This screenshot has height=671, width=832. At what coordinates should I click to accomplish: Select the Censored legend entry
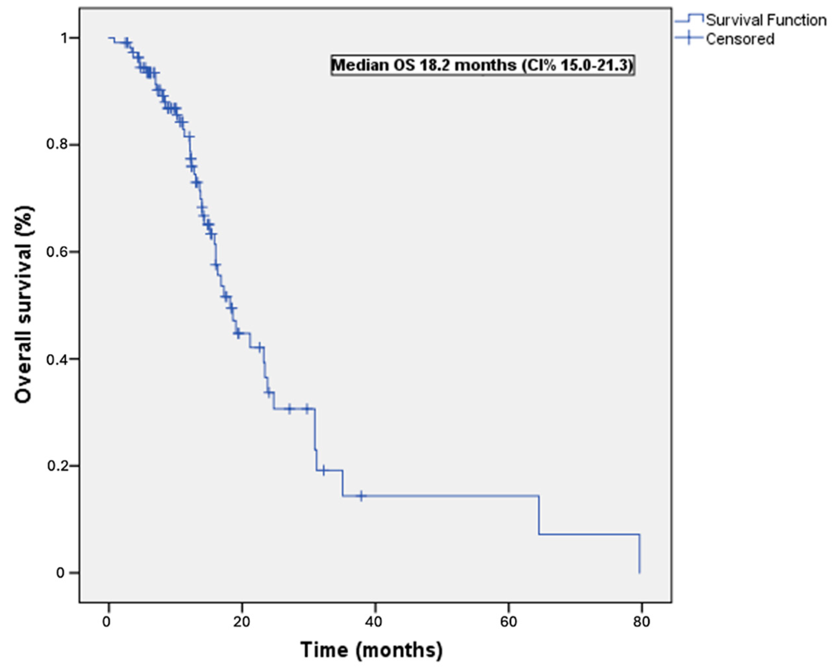coord(740,39)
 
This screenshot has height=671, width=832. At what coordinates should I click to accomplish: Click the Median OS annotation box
coord(482,65)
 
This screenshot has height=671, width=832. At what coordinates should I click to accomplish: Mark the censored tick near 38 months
coord(361,496)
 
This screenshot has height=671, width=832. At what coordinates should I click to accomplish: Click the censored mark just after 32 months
coord(324,470)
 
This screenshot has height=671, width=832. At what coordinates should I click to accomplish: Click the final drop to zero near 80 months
coord(639,553)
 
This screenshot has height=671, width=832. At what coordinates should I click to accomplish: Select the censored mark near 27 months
coord(289,409)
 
